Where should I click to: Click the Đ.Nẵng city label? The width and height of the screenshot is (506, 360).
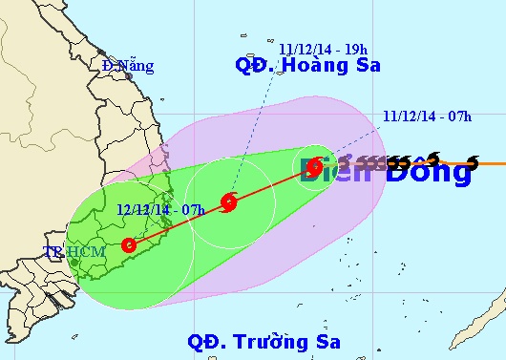coord(128,66)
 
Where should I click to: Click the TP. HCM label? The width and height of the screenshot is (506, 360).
coord(66,253)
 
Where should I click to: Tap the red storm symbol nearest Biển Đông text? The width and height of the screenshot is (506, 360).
coord(316,167)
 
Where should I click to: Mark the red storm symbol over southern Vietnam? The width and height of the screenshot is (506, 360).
coord(129,244)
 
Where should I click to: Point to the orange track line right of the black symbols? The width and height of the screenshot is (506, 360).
coord(492,163)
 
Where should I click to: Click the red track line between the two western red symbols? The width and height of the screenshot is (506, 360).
coord(179,222)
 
